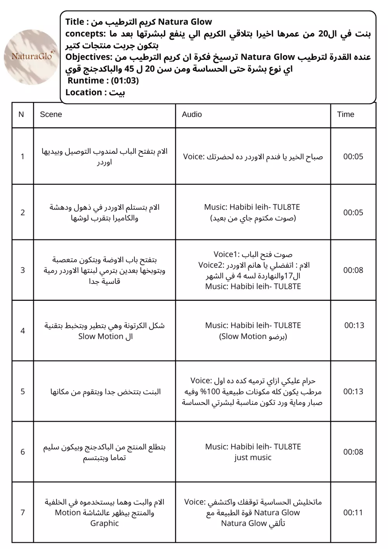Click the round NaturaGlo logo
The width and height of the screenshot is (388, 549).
pyautogui.click(x=31, y=57)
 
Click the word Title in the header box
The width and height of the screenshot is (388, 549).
pyautogui.click(x=74, y=22)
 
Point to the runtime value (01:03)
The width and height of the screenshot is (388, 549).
pyautogui.click(x=125, y=81)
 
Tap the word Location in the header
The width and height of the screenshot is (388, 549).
pyautogui.click(x=83, y=92)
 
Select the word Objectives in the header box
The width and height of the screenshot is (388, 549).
pyautogui.click(x=88, y=57)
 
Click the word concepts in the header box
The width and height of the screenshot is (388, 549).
pyautogui.click(x=85, y=33)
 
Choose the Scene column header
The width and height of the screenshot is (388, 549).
pyautogui.click(x=51, y=114)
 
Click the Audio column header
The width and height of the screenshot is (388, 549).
pyautogui.click(x=192, y=114)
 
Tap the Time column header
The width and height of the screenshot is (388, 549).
pyautogui.click(x=345, y=114)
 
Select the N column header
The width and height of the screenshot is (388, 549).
pyautogui.click(x=21, y=114)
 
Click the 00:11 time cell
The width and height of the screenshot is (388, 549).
pyautogui.click(x=353, y=513)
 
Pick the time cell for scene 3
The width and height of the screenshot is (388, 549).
pyautogui.click(x=353, y=270)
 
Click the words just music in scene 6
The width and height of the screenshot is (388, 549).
pyautogui.click(x=253, y=457)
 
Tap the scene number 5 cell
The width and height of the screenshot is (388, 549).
pyautogui.click(x=23, y=391)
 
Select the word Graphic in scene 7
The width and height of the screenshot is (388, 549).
pyautogui.click(x=104, y=523)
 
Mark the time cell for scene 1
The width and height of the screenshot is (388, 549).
pyautogui.click(x=353, y=156)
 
